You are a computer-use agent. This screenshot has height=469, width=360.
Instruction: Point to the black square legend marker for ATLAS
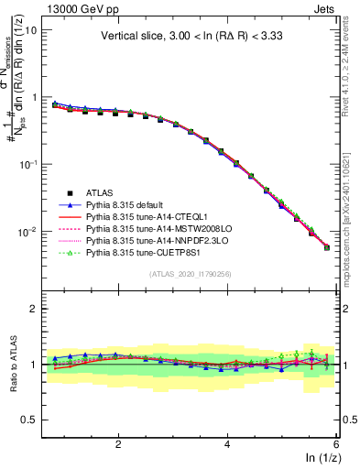[65, 193]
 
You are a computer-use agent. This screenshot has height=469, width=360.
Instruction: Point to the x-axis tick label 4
[227, 444]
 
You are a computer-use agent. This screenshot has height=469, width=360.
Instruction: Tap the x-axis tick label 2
[118, 444]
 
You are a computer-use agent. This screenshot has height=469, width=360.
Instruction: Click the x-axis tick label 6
[336, 444]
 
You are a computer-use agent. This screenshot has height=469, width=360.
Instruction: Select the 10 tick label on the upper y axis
[30, 30]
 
